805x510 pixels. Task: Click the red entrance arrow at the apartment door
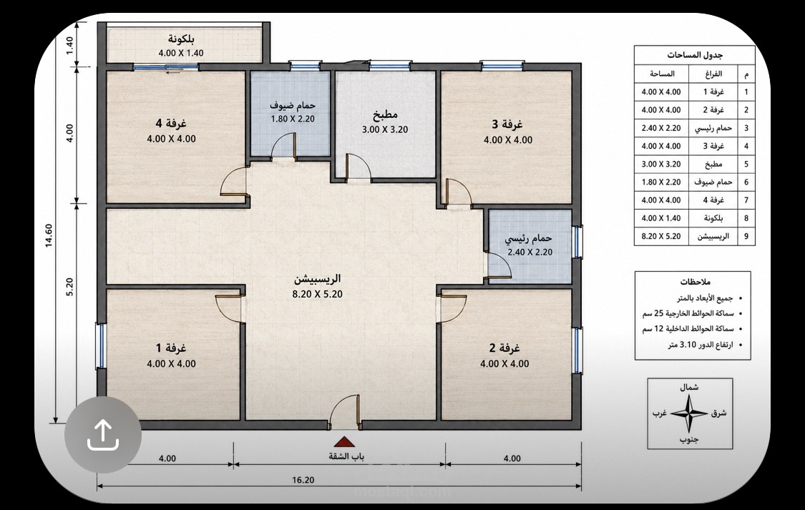344,442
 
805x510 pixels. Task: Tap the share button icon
102,435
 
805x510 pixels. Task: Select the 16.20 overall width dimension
303,480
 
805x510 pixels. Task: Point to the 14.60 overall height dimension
49,235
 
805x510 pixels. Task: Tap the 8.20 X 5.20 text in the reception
317,294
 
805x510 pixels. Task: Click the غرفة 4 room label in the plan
171,123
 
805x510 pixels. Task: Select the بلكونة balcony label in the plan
181,39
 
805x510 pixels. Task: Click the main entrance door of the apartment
344,411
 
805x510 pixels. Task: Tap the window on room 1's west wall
101,345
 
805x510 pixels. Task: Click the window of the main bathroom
577,242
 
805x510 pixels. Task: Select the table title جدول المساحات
695,55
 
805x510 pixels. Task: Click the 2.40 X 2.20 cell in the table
661,128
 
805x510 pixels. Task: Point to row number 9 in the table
746,237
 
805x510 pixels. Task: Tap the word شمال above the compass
689,388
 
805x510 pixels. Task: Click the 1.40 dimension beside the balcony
70,45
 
